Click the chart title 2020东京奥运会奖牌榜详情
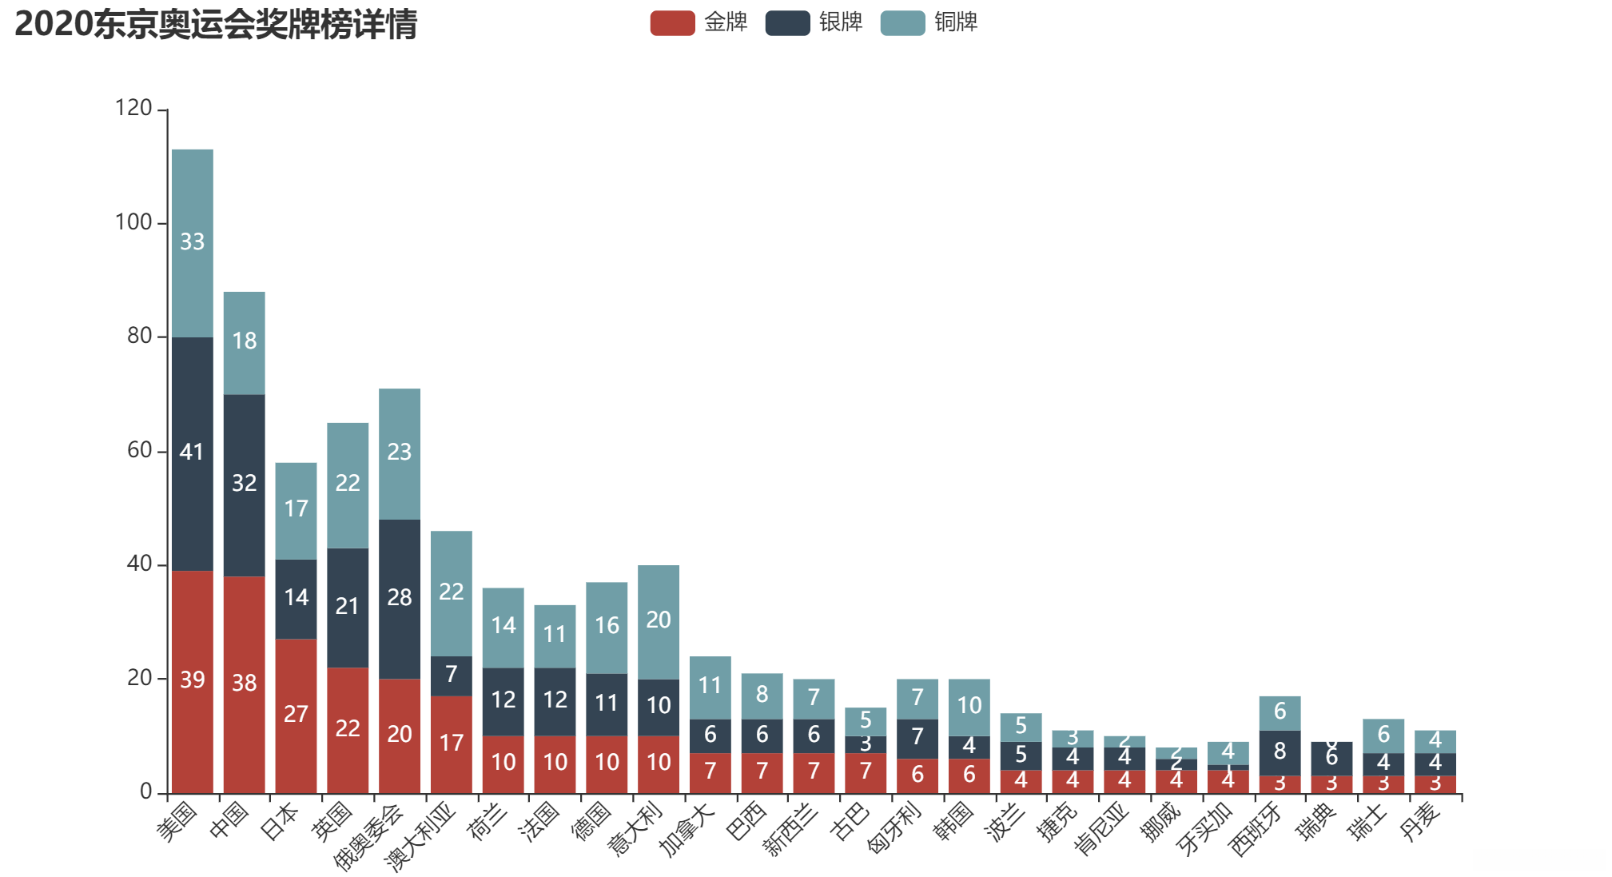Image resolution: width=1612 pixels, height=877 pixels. (x=216, y=24)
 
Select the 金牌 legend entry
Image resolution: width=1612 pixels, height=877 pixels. (x=699, y=22)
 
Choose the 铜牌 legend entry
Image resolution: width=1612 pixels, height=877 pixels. (x=929, y=22)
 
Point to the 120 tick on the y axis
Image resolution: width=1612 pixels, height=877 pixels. (x=133, y=108)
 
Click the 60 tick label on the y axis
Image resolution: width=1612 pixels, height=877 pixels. (x=139, y=450)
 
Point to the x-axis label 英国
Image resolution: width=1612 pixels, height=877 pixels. (x=333, y=821)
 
